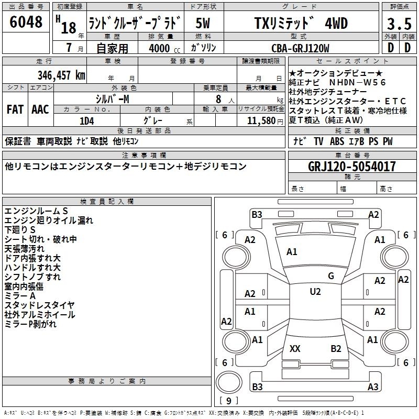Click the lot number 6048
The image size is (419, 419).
point(26,21)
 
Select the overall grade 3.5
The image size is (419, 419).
point(399,24)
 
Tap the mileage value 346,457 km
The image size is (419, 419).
point(61,75)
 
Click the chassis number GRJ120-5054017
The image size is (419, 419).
point(351,166)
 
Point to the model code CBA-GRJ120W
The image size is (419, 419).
point(300,48)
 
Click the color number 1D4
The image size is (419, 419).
point(87,121)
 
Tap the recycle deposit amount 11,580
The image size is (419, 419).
point(261,121)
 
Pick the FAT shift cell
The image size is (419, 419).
point(15,109)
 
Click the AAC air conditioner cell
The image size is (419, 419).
point(40,109)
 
